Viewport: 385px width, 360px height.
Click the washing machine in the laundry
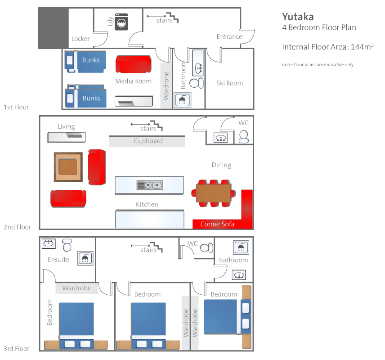pos(121,22)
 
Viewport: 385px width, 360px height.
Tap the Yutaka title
pos(298,17)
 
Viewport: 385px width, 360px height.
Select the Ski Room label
pos(229,83)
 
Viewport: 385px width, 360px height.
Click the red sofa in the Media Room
pos(133,64)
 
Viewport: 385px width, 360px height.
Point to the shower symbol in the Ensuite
pos(85,258)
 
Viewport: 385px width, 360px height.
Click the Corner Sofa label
pos(217,224)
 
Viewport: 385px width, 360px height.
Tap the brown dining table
pos(214,193)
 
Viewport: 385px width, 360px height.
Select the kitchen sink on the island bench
pos(149,185)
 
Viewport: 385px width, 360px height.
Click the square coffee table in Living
pos(68,167)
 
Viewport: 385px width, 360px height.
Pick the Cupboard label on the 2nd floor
pos(148,141)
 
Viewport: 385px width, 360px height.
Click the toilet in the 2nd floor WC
pos(244,137)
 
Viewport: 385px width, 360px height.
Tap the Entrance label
pos(229,36)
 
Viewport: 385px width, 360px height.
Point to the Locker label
pos(81,39)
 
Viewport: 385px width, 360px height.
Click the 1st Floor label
pos(16,107)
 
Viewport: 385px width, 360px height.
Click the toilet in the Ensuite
pos(67,245)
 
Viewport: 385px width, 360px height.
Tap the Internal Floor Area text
pos(328,47)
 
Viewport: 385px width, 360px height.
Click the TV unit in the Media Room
pos(134,101)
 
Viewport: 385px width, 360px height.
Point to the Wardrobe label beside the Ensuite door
pos(76,288)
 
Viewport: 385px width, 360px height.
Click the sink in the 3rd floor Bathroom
pos(239,275)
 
